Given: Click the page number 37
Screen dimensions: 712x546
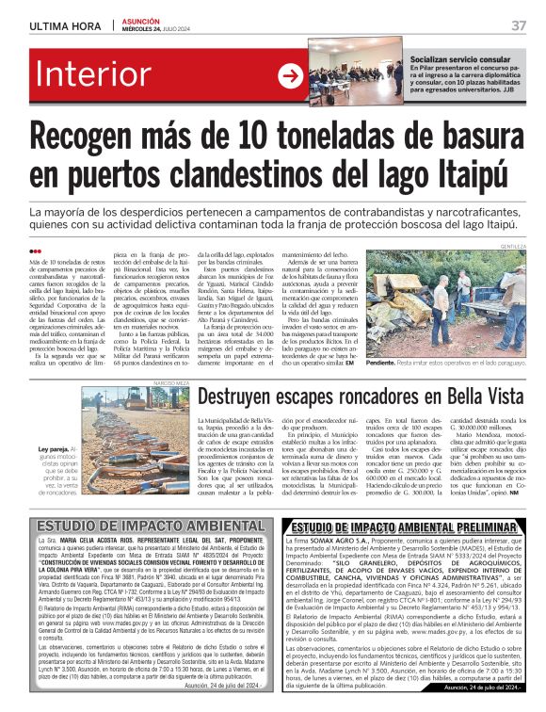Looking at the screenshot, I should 518,24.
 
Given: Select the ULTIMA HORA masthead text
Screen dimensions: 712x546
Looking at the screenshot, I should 65,24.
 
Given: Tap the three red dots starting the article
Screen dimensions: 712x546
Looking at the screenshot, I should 35,251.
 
